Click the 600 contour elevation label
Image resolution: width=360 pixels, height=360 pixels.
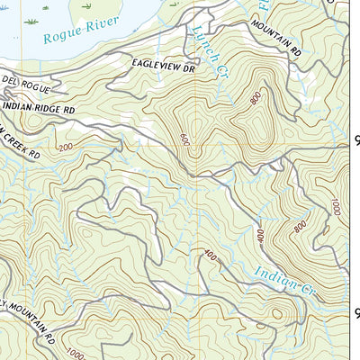click(x=184, y=140)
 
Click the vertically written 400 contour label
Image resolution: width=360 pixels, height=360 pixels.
click(x=259, y=238)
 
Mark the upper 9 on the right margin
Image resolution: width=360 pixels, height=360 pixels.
click(x=355, y=140)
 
